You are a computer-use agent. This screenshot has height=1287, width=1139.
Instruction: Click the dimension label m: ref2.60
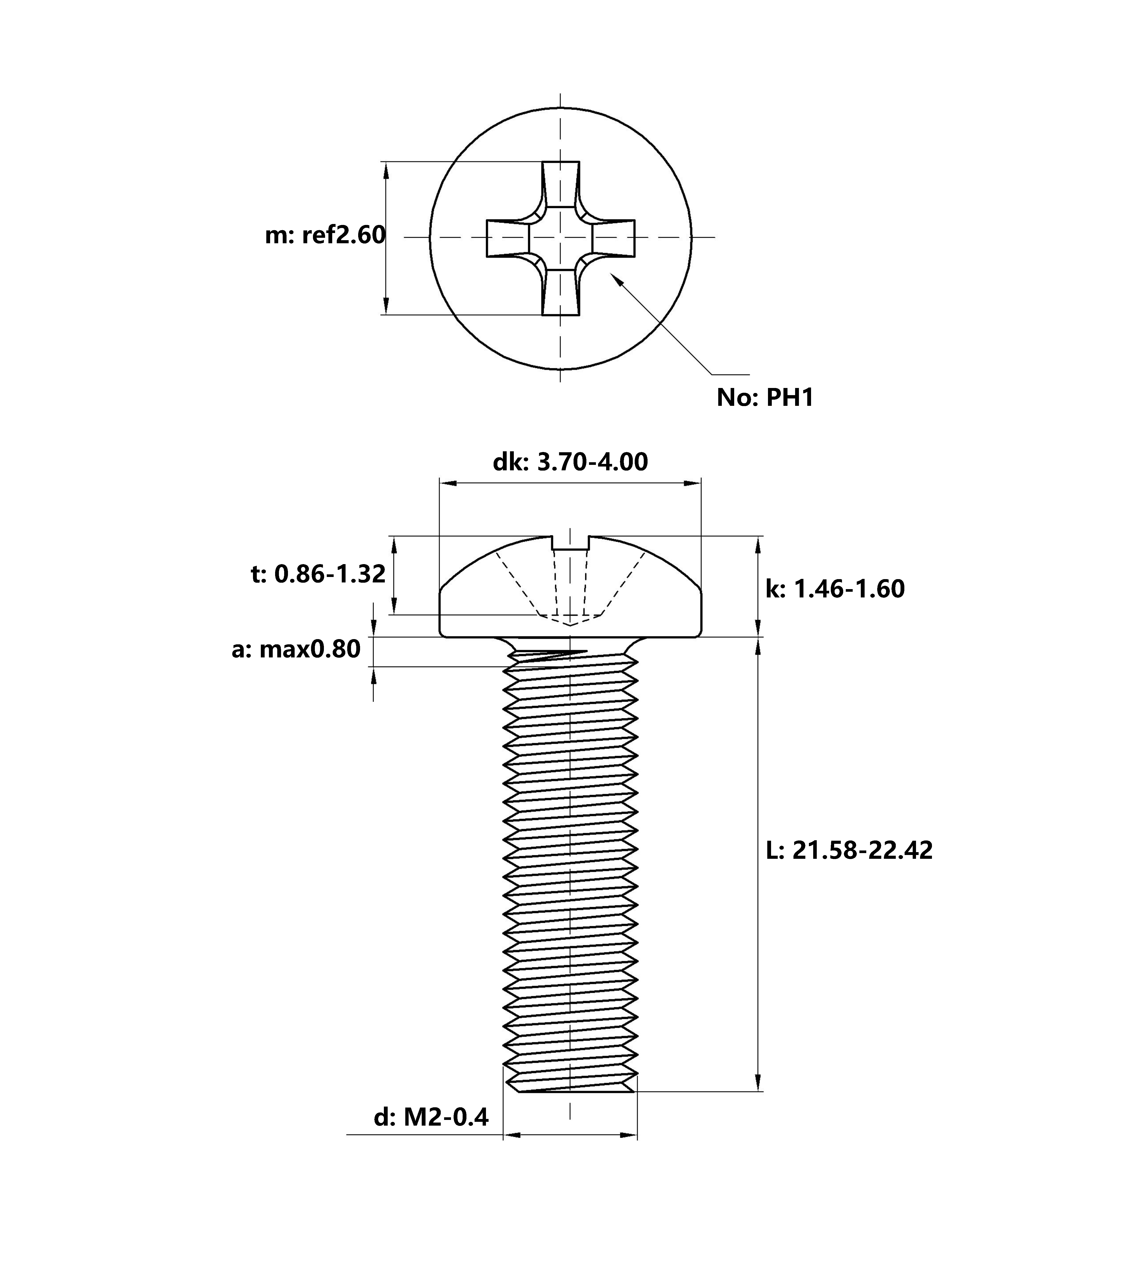[x=325, y=235]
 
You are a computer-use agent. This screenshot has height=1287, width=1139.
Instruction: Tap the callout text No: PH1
[x=765, y=397]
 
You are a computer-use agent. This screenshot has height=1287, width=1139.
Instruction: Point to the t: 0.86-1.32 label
[x=318, y=574]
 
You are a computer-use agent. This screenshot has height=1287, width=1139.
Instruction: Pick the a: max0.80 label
[x=296, y=649]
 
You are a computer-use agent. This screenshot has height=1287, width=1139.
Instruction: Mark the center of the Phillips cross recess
[x=560, y=237]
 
